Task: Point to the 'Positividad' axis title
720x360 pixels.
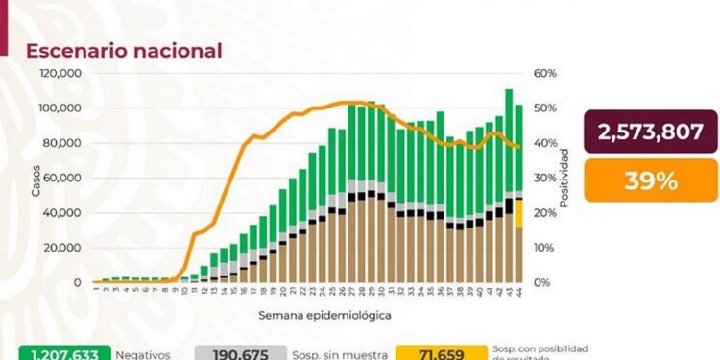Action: [x=565, y=178]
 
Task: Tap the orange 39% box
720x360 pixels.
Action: [x=651, y=180]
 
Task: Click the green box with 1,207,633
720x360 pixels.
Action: [x=66, y=352]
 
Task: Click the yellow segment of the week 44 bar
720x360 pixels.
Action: [x=518, y=212]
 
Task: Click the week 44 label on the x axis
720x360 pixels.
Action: [x=518, y=291]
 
